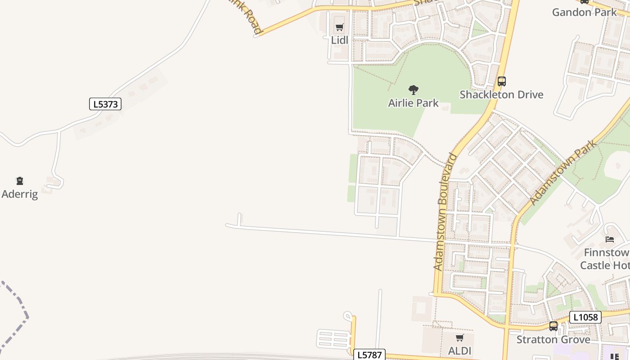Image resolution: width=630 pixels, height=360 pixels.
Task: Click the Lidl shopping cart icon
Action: click(x=340, y=27)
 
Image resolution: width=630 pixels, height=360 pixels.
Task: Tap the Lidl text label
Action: click(x=340, y=40)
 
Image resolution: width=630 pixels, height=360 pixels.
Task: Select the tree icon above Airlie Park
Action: click(x=413, y=90)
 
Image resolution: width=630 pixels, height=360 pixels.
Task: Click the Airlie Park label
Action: click(x=413, y=103)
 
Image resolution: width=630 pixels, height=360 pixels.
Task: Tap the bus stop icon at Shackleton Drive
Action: click(x=501, y=81)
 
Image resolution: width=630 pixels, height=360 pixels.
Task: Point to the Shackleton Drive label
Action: click(x=501, y=94)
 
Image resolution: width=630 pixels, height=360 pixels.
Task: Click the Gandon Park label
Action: click(x=584, y=12)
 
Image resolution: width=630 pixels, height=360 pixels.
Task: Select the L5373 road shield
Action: click(x=105, y=104)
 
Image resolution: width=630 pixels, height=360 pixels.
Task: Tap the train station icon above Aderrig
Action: click(x=20, y=181)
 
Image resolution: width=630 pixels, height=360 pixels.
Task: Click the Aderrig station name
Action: click(x=20, y=194)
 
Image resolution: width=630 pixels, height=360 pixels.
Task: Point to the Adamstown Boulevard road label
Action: click(x=445, y=211)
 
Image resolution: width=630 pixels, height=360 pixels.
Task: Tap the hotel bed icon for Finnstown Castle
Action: click(x=610, y=239)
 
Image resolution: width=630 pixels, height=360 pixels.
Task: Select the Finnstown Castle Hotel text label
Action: click(x=605, y=259)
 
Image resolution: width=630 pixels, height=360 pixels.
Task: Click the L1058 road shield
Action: click(x=585, y=317)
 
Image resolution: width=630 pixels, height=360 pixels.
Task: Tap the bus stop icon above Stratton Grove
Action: click(x=553, y=326)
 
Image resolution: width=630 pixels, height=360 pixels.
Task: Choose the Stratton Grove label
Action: click(x=553, y=339)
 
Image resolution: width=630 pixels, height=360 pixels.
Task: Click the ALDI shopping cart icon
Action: click(x=459, y=338)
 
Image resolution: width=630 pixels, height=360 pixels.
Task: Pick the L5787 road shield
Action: click(x=369, y=355)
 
